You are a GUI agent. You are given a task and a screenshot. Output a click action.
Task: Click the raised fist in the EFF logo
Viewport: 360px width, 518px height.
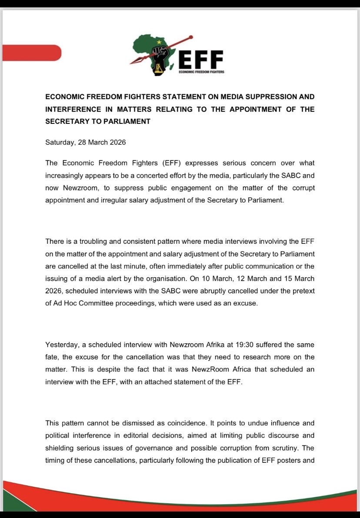coord(160,56)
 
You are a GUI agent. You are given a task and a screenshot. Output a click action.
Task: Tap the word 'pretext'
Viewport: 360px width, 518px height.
coord(303,291)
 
